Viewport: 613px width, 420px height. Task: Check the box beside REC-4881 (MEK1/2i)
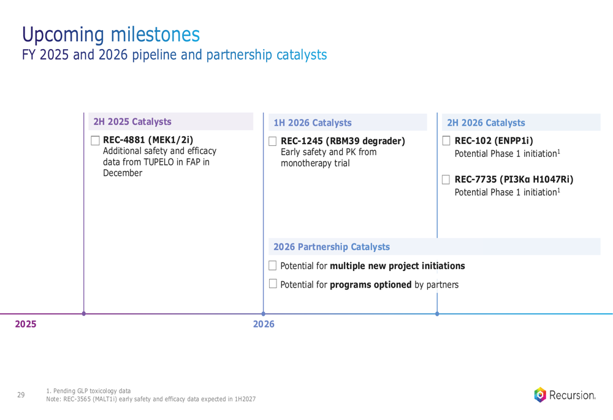95,140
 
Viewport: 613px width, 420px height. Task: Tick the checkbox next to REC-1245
273,141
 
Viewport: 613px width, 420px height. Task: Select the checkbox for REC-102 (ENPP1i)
446,141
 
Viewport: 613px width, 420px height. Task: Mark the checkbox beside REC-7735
446,180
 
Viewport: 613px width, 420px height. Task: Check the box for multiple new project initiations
273,265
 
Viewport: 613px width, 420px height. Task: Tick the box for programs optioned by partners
273,283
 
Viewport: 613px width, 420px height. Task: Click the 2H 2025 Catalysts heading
132,121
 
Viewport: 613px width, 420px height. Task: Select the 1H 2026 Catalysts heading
313,123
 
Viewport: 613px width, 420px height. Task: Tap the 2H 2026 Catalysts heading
486,123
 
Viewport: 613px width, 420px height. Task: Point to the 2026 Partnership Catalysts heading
332,246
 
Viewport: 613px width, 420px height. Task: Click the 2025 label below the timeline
25,324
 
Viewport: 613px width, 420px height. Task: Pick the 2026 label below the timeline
264,324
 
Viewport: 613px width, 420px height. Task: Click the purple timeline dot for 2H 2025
83,314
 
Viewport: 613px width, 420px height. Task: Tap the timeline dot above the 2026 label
263,314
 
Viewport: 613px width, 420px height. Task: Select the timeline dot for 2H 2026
437,314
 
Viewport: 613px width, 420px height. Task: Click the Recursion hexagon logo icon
540,395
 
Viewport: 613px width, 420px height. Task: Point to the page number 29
21,395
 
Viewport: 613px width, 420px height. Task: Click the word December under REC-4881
123,173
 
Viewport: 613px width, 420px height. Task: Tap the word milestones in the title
155,34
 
